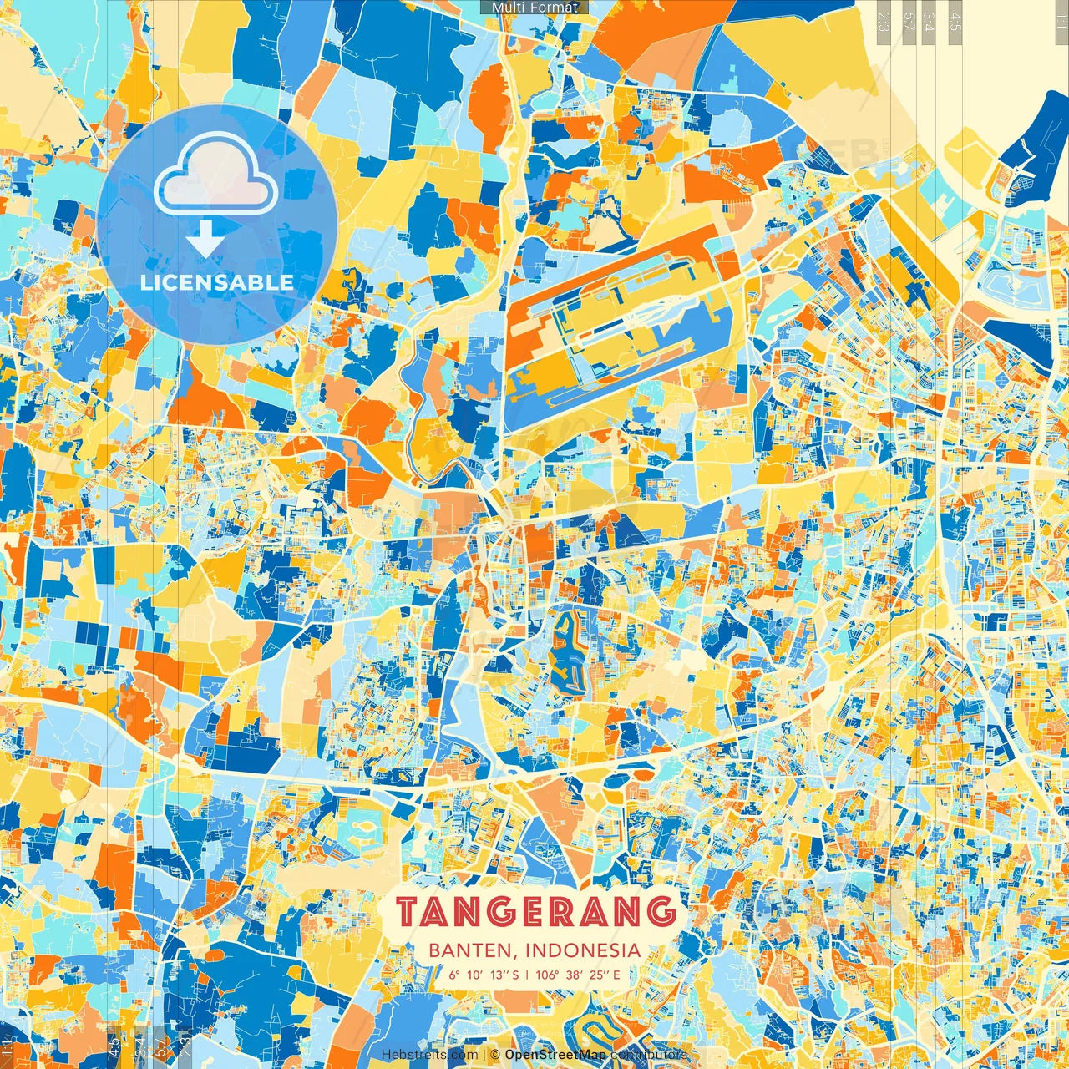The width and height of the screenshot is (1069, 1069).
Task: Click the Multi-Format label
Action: coord(534,8)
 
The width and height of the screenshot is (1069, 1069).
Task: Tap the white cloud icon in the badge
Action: coord(216,177)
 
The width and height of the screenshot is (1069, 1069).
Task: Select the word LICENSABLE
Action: coord(216,282)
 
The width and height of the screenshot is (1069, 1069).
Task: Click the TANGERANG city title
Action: coord(535,912)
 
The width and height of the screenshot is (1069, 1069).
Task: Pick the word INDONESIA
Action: coord(584,950)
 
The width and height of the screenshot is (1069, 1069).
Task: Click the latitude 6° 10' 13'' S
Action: coord(483,975)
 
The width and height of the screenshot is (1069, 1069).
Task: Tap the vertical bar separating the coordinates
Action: coord(526,975)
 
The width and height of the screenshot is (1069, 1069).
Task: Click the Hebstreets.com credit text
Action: coord(429,1055)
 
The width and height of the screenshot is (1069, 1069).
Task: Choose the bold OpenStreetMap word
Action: coord(555,1055)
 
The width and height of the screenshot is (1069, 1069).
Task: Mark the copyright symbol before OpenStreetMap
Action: coord(494,1055)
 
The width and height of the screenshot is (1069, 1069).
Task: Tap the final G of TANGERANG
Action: coord(661,912)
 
